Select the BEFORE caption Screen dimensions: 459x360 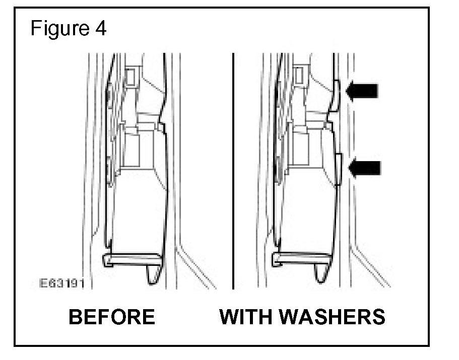click(111, 317)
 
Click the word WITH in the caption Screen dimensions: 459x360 click(245, 317)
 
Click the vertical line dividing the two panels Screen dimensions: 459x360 click(233, 171)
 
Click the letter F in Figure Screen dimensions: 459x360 click(36, 28)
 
